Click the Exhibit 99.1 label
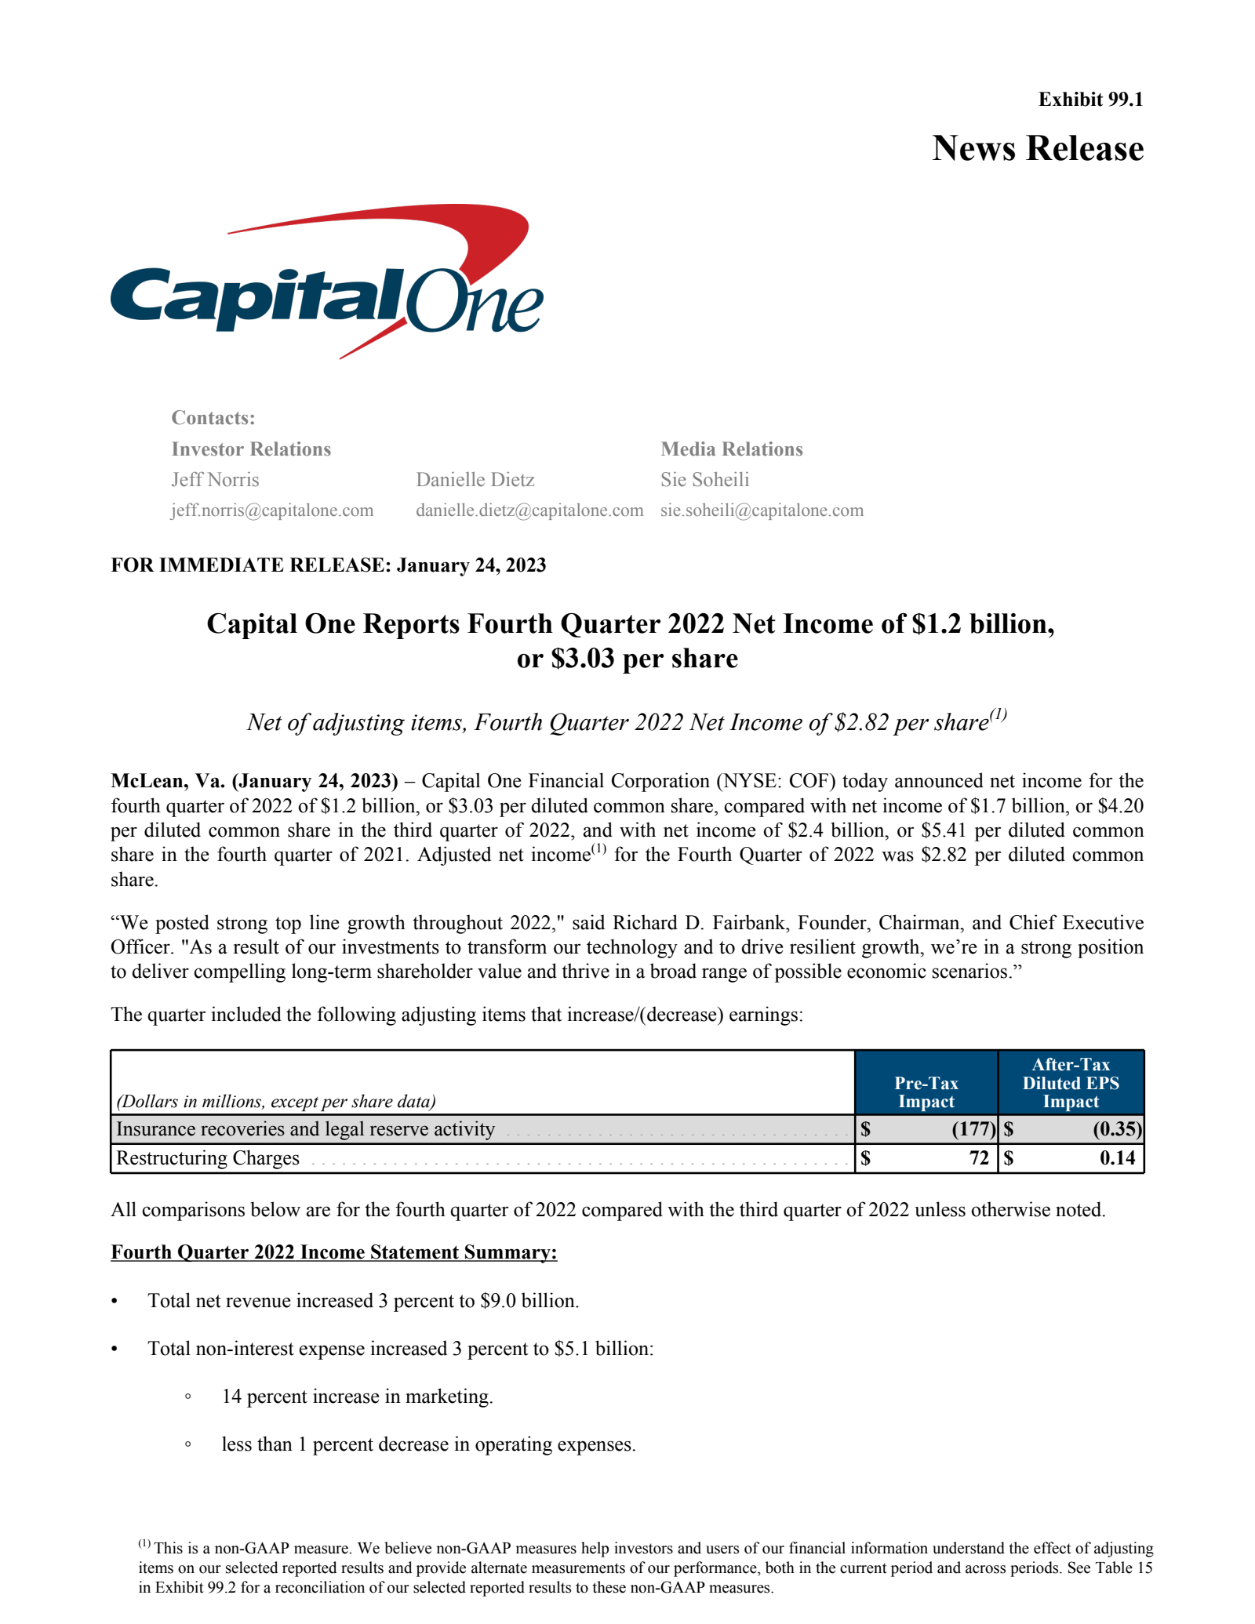(x=1090, y=100)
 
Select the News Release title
(x=1037, y=148)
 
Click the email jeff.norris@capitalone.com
(x=272, y=510)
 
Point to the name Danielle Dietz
(x=475, y=480)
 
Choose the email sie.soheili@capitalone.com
(x=762, y=510)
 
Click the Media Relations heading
(x=731, y=449)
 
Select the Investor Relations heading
(x=251, y=449)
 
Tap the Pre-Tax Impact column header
(x=926, y=1092)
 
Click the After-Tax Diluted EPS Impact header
(x=1071, y=1083)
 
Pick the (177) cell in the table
(x=973, y=1130)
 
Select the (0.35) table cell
(x=1116, y=1130)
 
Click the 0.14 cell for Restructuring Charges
(x=1117, y=1158)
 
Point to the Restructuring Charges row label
(x=208, y=1158)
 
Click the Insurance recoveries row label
(x=305, y=1129)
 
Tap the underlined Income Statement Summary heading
(x=333, y=1252)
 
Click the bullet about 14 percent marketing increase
(x=357, y=1397)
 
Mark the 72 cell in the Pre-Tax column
(x=978, y=1158)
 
